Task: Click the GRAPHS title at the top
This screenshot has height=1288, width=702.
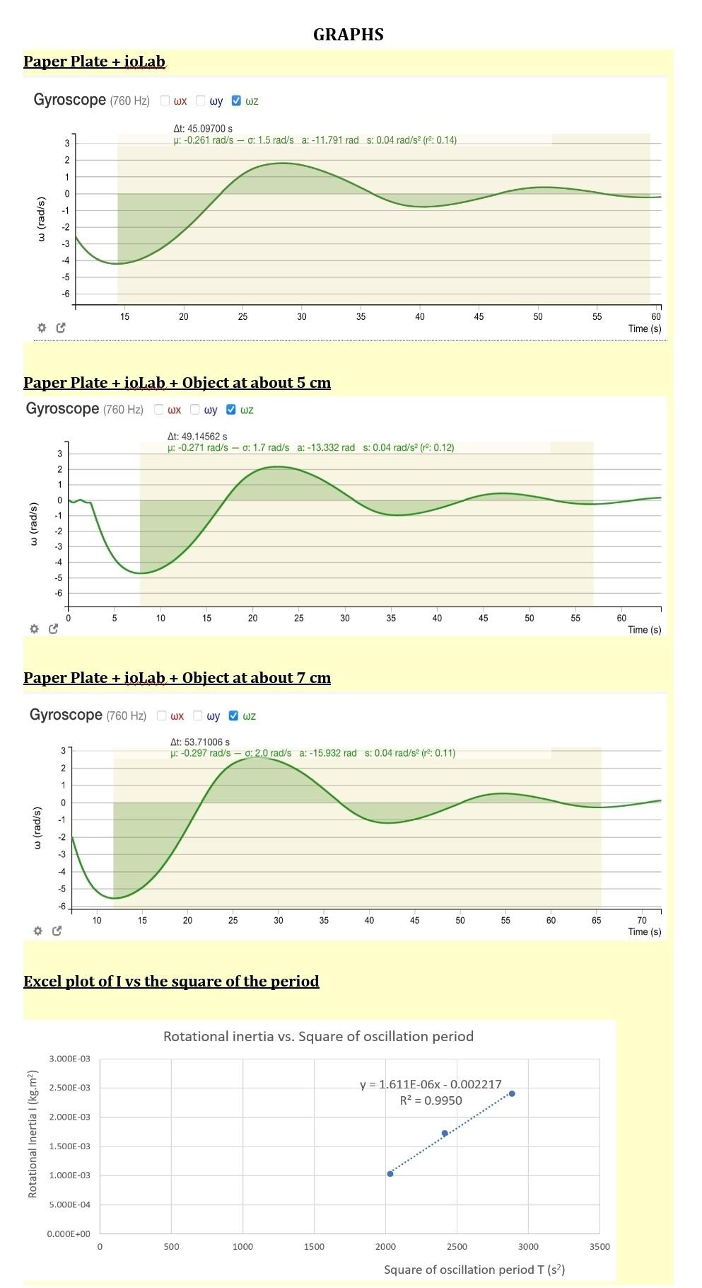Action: (348, 35)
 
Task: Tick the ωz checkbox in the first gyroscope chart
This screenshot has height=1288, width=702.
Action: (236, 100)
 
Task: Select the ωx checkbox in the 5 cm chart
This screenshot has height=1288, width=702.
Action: (159, 409)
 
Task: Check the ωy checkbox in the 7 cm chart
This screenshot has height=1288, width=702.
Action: (198, 715)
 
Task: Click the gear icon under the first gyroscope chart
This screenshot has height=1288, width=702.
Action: (42, 328)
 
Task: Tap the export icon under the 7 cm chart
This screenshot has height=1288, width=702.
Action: (57, 931)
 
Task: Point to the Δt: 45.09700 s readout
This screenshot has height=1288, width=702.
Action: (203, 129)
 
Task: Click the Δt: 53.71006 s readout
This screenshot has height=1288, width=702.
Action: (199, 742)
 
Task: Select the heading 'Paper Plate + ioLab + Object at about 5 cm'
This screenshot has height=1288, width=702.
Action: (177, 383)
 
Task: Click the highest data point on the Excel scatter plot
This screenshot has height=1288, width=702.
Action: (512, 1093)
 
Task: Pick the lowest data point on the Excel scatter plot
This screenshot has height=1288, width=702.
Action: (390, 1173)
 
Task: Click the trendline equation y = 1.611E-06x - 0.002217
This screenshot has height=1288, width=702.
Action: (431, 1084)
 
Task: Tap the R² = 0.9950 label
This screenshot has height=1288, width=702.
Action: (431, 1100)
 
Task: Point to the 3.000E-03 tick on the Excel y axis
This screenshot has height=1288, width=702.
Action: (69, 1059)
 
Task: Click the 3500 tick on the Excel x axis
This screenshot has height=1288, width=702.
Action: (599, 1246)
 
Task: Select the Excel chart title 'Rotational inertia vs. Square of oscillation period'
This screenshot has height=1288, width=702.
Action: (318, 1036)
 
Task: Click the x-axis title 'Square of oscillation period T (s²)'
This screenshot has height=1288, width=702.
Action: (474, 1269)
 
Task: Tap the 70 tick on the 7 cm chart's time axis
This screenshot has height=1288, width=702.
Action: (642, 920)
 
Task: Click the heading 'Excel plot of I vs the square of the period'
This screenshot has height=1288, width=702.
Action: (171, 982)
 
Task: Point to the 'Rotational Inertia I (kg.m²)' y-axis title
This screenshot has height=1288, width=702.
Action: (33, 1133)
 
